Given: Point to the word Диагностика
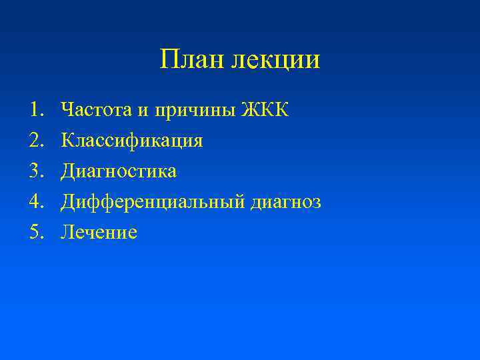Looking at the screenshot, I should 119,171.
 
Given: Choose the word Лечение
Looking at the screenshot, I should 99,232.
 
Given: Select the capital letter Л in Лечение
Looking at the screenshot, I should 67,232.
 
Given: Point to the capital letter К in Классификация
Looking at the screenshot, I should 67,141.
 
